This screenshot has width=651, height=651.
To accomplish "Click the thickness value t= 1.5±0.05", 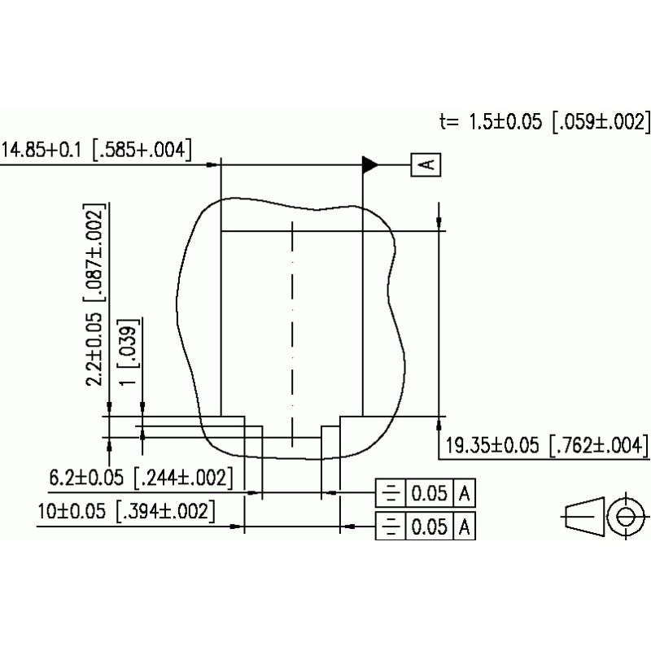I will (493, 122).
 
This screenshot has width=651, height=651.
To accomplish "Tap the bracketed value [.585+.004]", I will (142, 150).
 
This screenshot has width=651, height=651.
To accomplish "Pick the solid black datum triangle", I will (371, 164).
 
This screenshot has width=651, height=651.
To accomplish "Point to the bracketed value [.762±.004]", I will (599, 445).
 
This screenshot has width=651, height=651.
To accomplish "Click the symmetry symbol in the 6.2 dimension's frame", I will (391, 493).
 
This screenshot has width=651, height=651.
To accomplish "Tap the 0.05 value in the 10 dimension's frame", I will (429, 526).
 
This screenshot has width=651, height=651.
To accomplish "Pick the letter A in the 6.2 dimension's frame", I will (465, 493).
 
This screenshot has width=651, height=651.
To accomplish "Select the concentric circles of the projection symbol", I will (625, 516).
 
